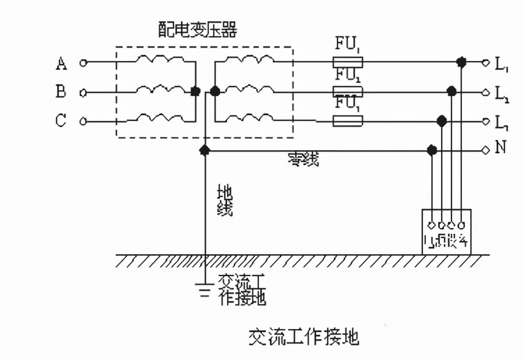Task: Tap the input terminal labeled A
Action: coord(83,63)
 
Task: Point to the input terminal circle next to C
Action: coord(83,121)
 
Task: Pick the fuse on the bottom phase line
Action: coord(347,121)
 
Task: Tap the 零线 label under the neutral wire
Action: coord(304,159)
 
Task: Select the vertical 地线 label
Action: coord(225,201)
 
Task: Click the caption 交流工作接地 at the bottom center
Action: coord(304,337)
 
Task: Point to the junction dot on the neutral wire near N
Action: coord(432,150)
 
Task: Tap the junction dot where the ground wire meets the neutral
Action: coord(205,150)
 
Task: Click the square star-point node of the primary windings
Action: coord(195,92)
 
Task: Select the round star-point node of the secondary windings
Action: coord(215,92)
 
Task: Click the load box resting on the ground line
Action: coord(447,232)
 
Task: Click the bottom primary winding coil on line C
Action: coord(157,117)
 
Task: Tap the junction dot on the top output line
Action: coord(461,62)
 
